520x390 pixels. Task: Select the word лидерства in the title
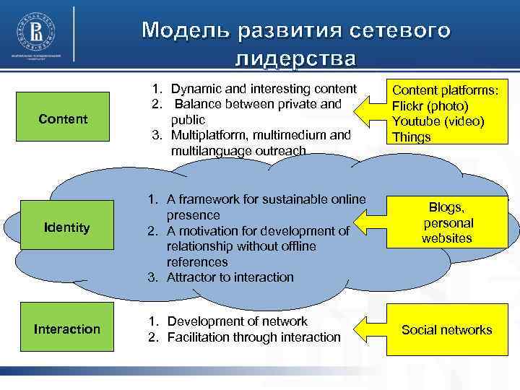295,58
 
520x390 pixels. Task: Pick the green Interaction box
67,329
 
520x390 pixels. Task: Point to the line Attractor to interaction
230,277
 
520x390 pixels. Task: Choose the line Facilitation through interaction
253,337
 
